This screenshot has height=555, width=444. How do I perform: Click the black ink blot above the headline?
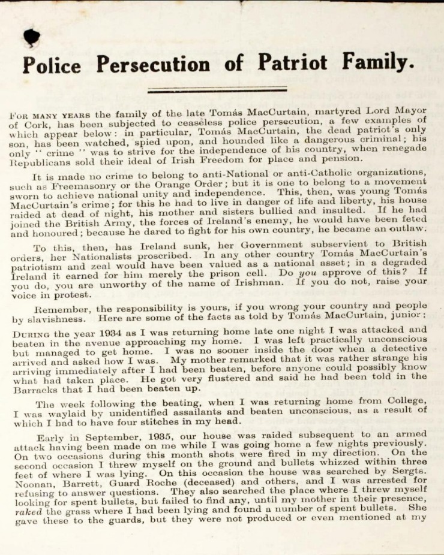click(31, 38)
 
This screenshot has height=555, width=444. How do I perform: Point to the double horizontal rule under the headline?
click(217, 91)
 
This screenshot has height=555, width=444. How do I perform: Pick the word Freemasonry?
click(75, 186)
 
